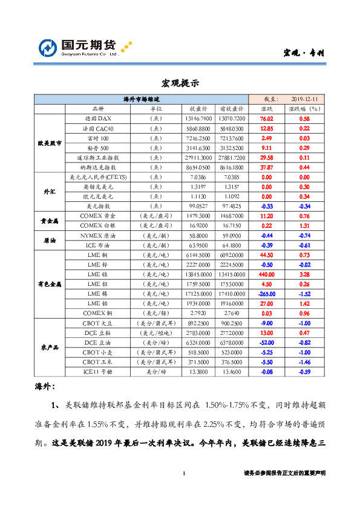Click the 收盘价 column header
point(199,109)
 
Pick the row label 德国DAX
point(97,119)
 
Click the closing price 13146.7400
point(199,119)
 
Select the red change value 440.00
point(266,274)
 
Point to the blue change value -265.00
point(266,293)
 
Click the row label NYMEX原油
point(97,235)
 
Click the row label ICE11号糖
point(97,372)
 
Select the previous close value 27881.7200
point(232,157)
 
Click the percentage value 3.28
point(304,274)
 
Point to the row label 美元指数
point(97,206)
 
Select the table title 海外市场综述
point(141,99)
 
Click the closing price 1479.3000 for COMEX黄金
point(199,216)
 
